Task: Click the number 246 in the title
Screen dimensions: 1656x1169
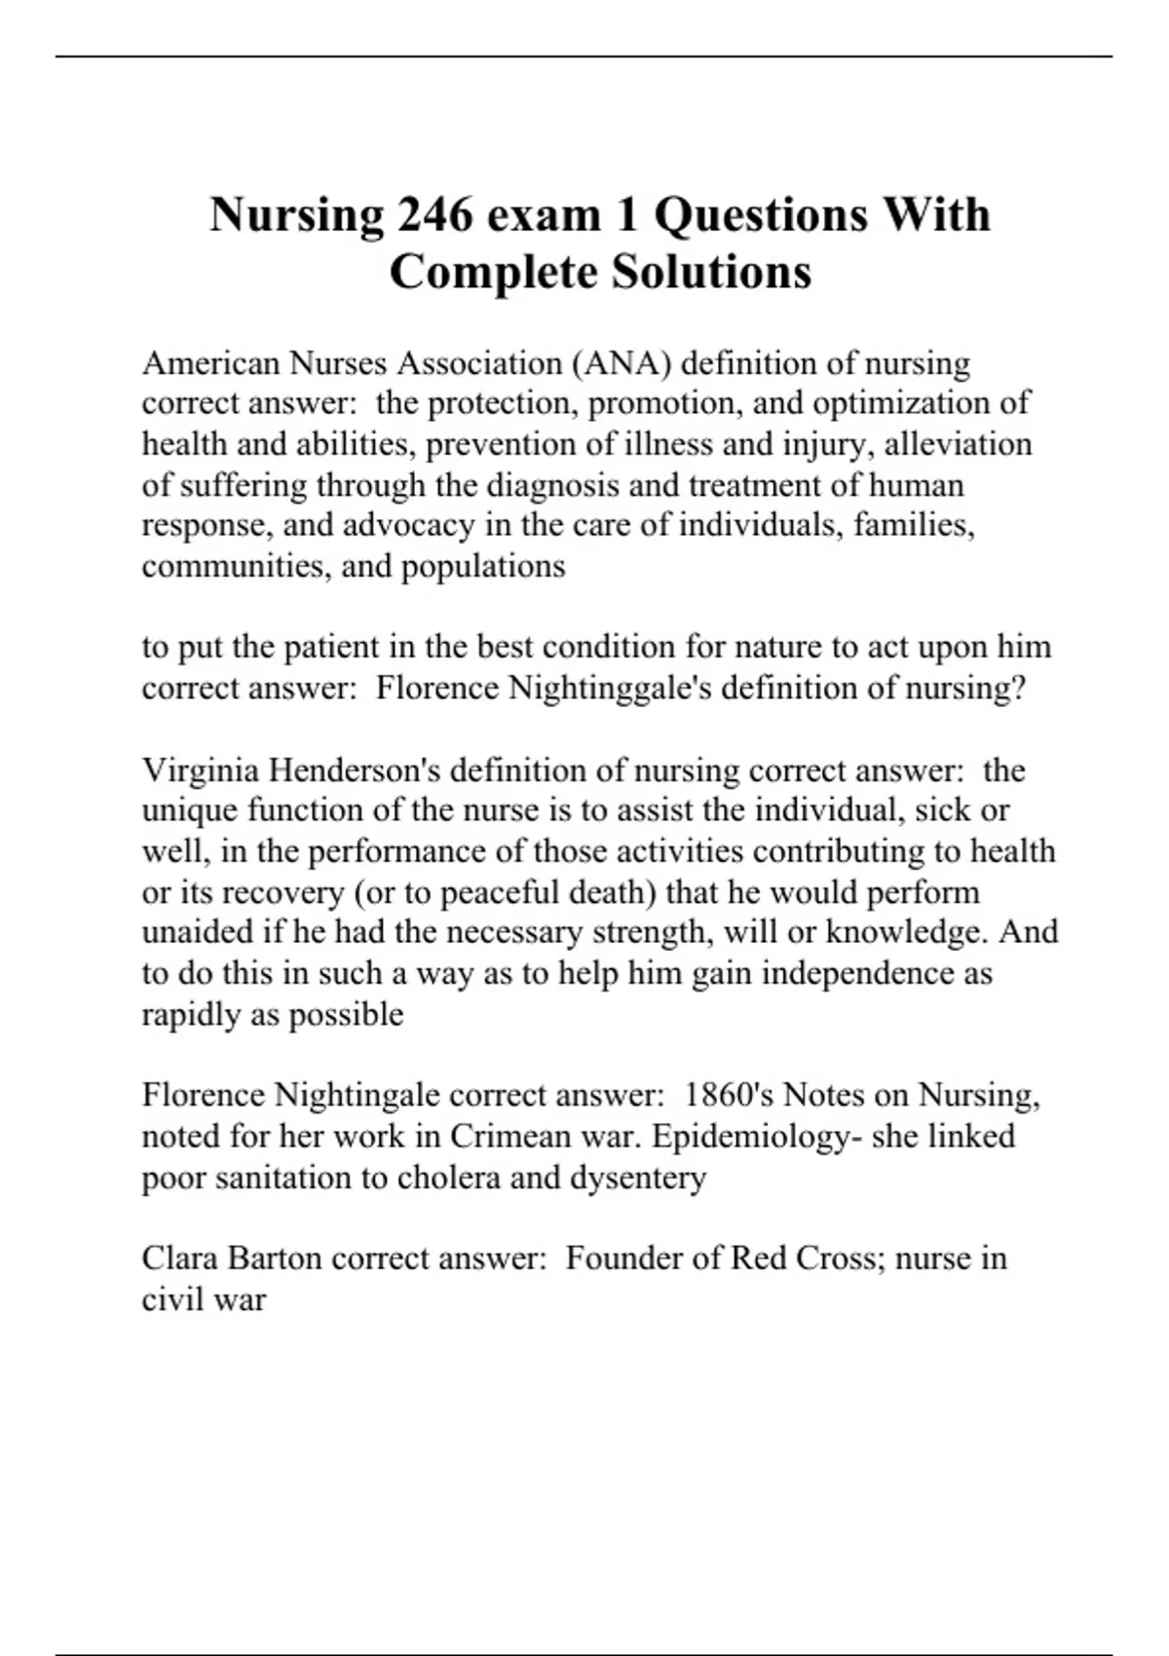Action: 434,214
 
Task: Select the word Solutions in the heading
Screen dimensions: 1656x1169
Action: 711,272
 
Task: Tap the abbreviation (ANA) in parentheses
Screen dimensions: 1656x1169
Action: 622,363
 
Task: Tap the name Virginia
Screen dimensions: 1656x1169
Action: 200,771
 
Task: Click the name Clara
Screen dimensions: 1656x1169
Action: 179,1258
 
